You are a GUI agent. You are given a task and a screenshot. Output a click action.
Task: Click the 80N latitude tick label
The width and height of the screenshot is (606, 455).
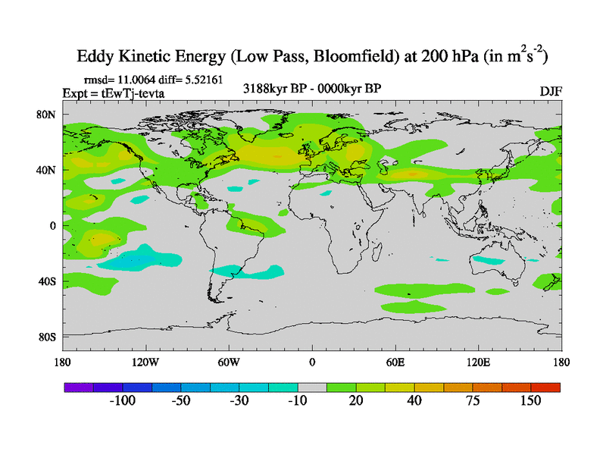(48, 115)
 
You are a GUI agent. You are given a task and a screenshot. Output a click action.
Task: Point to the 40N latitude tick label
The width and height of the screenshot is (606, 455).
(48, 170)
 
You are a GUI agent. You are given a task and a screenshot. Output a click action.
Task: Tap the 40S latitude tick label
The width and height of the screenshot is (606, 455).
(48, 281)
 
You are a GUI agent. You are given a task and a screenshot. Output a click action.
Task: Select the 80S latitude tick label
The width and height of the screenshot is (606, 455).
(48, 337)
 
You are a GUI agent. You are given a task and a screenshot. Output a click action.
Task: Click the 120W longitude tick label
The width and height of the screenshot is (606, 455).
(145, 362)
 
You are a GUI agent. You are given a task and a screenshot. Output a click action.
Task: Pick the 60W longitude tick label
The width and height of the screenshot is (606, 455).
(228, 362)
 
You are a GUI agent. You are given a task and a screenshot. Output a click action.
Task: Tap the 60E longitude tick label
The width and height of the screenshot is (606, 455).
(395, 362)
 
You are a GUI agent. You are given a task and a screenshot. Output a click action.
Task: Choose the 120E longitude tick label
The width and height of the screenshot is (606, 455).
(477, 362)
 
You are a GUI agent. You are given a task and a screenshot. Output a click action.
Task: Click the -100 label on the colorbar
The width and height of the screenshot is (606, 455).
(122, 401)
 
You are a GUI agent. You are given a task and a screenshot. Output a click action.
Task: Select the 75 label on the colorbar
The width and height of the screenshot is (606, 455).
(472, 401)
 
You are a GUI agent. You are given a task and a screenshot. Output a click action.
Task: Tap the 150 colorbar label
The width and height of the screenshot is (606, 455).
(529, 401)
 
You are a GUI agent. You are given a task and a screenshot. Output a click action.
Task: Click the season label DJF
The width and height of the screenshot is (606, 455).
(550, 91)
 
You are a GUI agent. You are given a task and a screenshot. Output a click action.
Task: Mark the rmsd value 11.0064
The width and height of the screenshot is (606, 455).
(141, 79)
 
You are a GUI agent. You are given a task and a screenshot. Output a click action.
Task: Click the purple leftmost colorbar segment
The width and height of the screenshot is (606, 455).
(77, 387)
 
